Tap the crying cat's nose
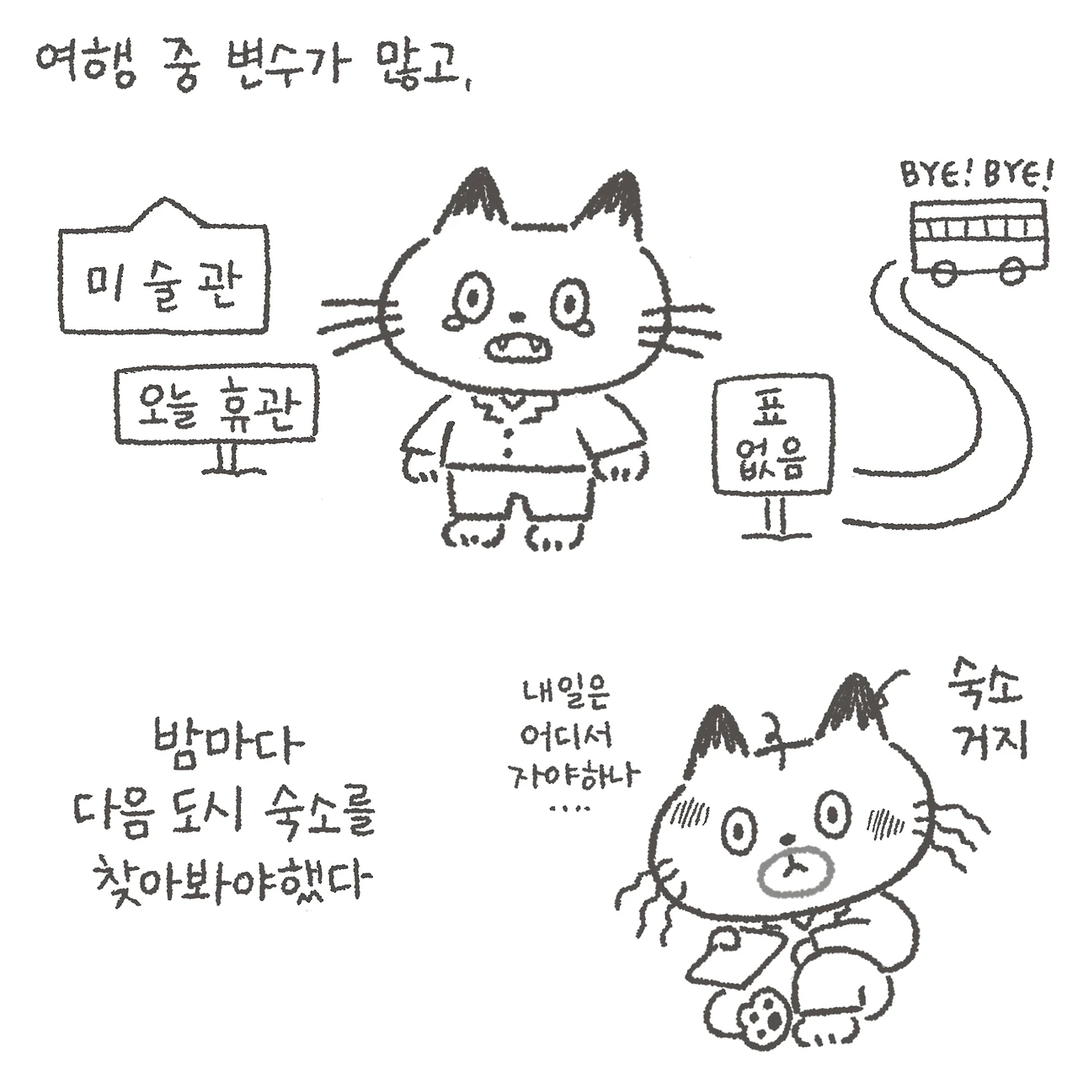point(520,317)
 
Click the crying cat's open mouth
point(517,348)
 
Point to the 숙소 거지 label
point(985,709)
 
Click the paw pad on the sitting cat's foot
point(763,1026)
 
